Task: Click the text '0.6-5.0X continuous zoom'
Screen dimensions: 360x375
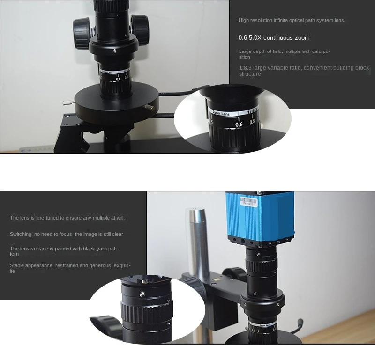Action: (x=274, y=37)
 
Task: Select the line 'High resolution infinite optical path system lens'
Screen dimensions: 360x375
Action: (x=291, y=20)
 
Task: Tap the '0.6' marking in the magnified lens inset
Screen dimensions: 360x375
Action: (x=239, y=124)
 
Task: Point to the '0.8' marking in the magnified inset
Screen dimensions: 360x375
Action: (x=253, y=122)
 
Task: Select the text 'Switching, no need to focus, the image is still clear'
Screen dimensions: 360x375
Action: (x=67, y=234)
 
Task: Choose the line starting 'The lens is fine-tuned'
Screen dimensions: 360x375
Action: (x=67, y=218)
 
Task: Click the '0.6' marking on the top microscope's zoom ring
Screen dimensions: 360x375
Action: (x=118, y=79)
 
